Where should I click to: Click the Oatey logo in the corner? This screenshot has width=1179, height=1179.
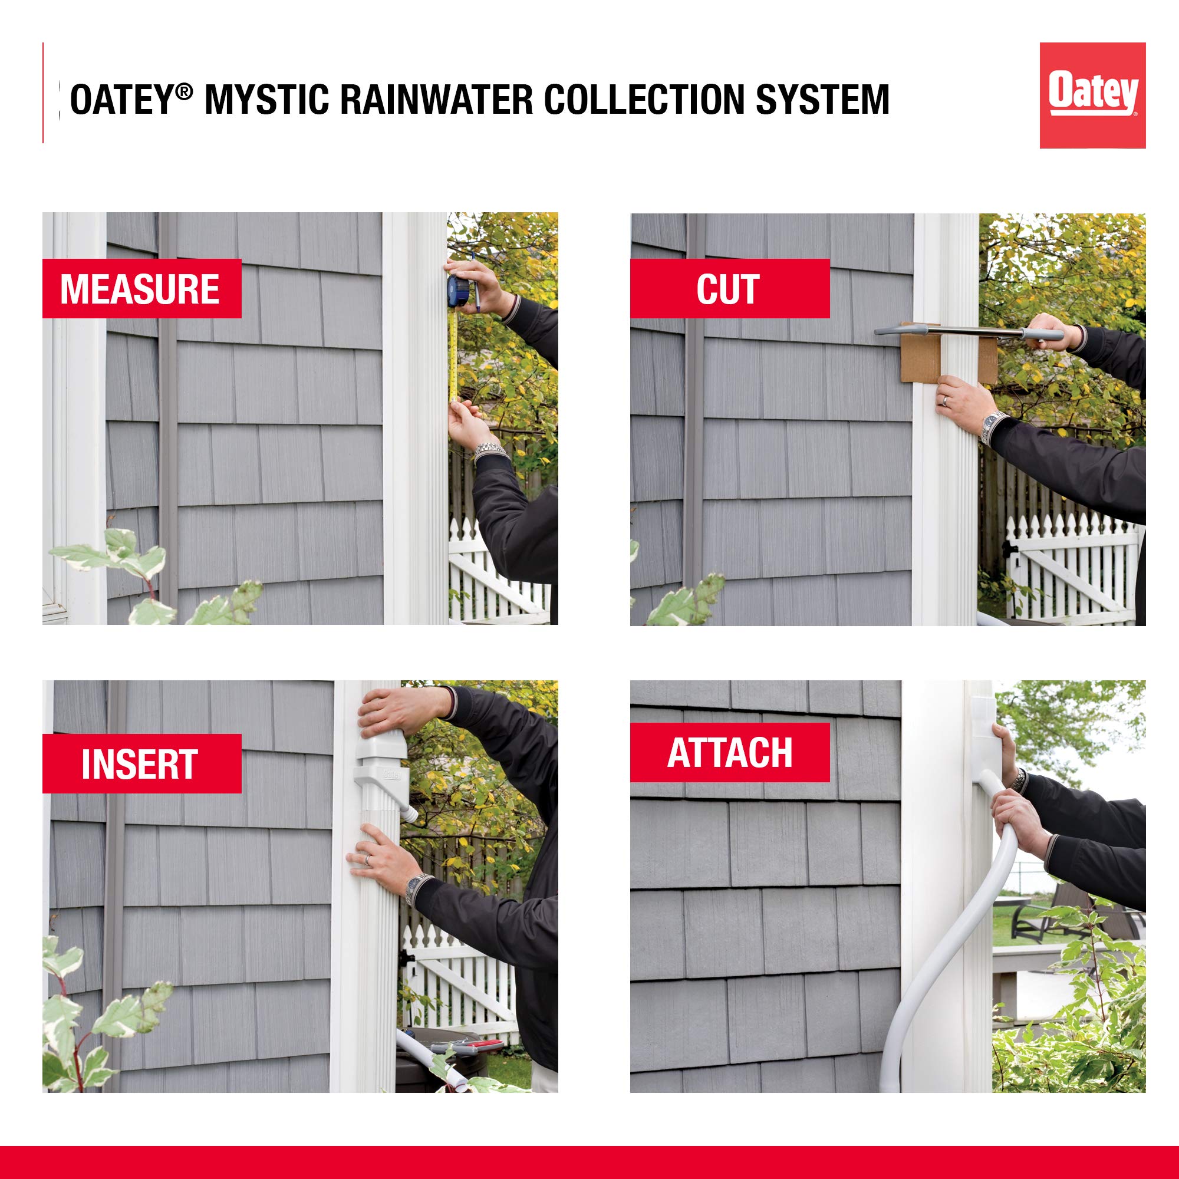tap(1092, 95)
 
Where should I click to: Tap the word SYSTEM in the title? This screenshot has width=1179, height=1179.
tap(822, 99)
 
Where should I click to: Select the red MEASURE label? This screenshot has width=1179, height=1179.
tap(141, 289)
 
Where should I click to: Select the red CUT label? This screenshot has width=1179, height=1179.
tap(729, 289)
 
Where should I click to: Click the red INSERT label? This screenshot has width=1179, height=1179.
tap(141, 763)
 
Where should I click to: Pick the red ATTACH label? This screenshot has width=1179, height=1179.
tap(729, 752)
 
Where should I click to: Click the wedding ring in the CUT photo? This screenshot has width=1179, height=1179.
tap(944, 401)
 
